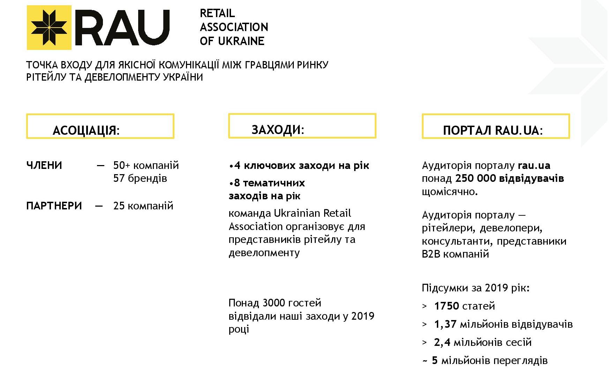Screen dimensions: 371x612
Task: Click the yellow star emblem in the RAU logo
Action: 49,28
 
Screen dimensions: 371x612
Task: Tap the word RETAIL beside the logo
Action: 217,13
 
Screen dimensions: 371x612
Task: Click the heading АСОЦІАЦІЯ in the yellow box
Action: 86,130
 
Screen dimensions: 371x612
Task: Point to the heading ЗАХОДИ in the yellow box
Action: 278,129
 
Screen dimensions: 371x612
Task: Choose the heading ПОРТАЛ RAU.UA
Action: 492,130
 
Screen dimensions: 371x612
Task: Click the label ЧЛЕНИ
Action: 44,165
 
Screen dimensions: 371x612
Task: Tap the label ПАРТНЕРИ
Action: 54,206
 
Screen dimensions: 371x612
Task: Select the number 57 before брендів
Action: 119,178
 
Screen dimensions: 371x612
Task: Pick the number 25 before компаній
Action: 119,206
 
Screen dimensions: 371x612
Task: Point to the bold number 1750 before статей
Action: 446,306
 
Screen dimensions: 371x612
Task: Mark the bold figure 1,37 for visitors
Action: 445,324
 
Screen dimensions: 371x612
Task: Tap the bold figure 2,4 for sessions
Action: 442,342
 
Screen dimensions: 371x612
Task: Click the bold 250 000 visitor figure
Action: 475,178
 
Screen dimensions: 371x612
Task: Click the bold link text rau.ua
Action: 534,165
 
